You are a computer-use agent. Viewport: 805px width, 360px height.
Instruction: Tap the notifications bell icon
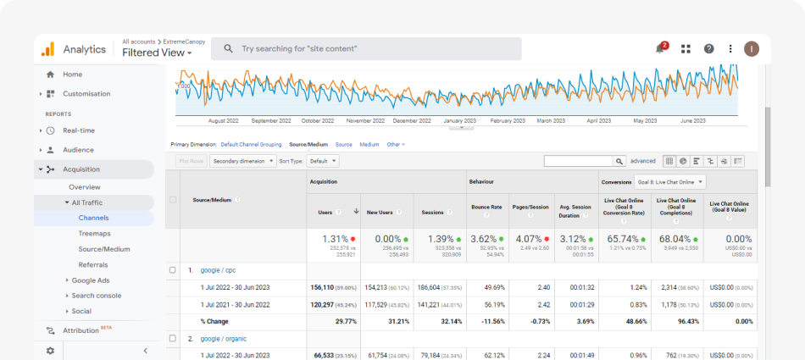660,48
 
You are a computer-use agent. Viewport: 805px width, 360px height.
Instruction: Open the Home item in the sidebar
73,75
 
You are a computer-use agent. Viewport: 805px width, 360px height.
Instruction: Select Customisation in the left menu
86,94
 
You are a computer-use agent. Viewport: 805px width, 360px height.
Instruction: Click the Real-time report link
79,130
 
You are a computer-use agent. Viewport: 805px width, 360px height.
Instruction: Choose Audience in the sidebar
78,150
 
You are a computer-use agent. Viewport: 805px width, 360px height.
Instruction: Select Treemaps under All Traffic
94,233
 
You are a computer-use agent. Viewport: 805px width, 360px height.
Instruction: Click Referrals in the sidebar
93,264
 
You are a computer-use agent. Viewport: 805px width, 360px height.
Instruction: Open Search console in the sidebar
96,296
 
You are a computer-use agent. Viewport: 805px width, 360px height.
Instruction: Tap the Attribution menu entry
81,330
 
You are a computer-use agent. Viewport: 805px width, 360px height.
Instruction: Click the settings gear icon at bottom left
50,351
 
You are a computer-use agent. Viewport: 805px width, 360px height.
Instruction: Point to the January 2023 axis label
459,121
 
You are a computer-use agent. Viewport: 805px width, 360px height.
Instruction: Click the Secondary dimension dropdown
243,160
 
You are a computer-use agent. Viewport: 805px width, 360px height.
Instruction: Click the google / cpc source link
218,270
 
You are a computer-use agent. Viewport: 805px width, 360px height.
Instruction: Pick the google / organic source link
223,338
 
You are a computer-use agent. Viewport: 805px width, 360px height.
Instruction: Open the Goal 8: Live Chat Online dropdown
670,181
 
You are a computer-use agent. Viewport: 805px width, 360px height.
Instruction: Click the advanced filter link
642,161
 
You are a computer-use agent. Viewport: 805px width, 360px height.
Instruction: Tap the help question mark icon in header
709,48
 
